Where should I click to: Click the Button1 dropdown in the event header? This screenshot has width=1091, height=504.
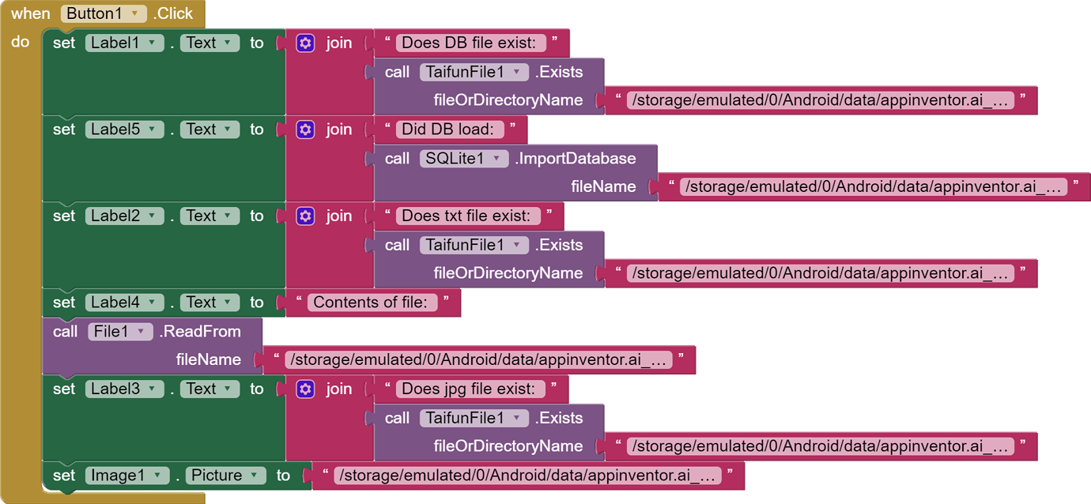click(x=104, y=13)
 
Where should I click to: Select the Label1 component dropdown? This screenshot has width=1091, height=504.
click(x=125, y=43)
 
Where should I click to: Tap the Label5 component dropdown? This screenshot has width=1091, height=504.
click(x=125, y=130)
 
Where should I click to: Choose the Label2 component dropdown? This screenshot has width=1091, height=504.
click(x=125, y=216)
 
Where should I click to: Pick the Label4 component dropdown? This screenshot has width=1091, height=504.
click(x=125, y=303)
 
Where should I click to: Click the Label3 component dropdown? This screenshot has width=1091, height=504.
click(x=125, y=389)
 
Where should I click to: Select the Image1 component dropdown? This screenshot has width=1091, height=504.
click(x=127, y=476)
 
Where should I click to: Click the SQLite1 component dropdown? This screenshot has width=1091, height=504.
click(x=464, y=159)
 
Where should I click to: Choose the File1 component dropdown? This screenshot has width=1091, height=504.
click(x=120, y=332)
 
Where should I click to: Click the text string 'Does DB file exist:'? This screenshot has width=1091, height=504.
click(x=469, y=43)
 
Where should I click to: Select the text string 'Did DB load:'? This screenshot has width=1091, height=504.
click(x=447, y=130)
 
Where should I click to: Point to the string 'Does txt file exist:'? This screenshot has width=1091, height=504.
click(x=466, y=216)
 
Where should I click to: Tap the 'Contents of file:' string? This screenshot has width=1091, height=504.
click(x=370, y=303)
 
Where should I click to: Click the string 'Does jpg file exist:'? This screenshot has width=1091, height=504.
click(x=468, y=389)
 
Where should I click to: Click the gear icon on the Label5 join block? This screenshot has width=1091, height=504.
click(x=305, y=130)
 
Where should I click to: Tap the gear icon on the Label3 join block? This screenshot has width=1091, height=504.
click(x=305, y=389)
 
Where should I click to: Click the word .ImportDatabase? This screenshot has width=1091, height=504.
click(x=576, y=159)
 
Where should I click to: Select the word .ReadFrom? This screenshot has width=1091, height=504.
click(x=200, y=332)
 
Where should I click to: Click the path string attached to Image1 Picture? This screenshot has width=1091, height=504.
click(x=527, y=476)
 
